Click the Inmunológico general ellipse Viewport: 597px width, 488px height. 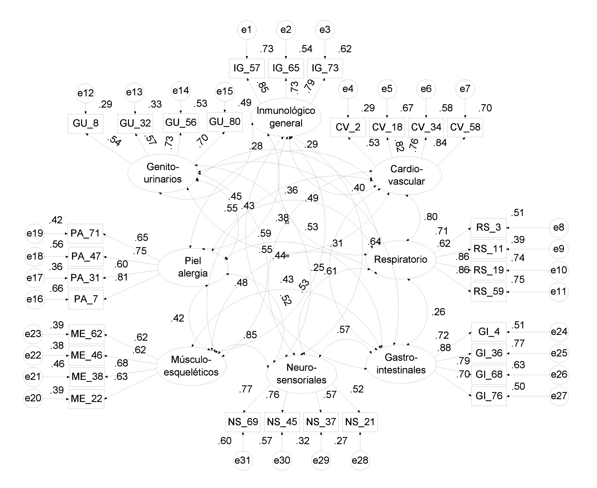tap(286, 117)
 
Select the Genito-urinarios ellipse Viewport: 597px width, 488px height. tap(163, 173)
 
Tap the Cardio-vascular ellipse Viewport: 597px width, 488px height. tap(406, 175)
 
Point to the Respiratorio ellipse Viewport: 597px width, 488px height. tap(401, 259)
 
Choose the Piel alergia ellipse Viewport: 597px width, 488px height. tap(193, 267)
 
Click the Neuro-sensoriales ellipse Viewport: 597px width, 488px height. tap(301, 374)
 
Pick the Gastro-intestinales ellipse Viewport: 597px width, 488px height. tap(401, 364)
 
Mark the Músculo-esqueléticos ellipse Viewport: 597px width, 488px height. tap(191, 366)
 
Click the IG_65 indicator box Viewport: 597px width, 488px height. tap(286, 68)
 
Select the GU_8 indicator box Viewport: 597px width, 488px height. tap(85, 123)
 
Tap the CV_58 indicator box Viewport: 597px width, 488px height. tap(465, 127)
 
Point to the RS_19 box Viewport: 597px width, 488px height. tap(488, 270)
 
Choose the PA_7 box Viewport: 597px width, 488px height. tap(86, 299)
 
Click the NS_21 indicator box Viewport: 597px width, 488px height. tap(360, 422)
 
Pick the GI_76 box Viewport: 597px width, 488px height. tap(489, 396)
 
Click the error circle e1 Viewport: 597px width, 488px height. tap(247, 30)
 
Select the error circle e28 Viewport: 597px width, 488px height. tap(360, 461)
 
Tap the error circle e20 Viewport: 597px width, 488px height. tap(33, 398)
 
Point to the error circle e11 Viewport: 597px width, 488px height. tap(559, 292)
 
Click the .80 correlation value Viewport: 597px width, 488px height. tap(431, 217)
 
